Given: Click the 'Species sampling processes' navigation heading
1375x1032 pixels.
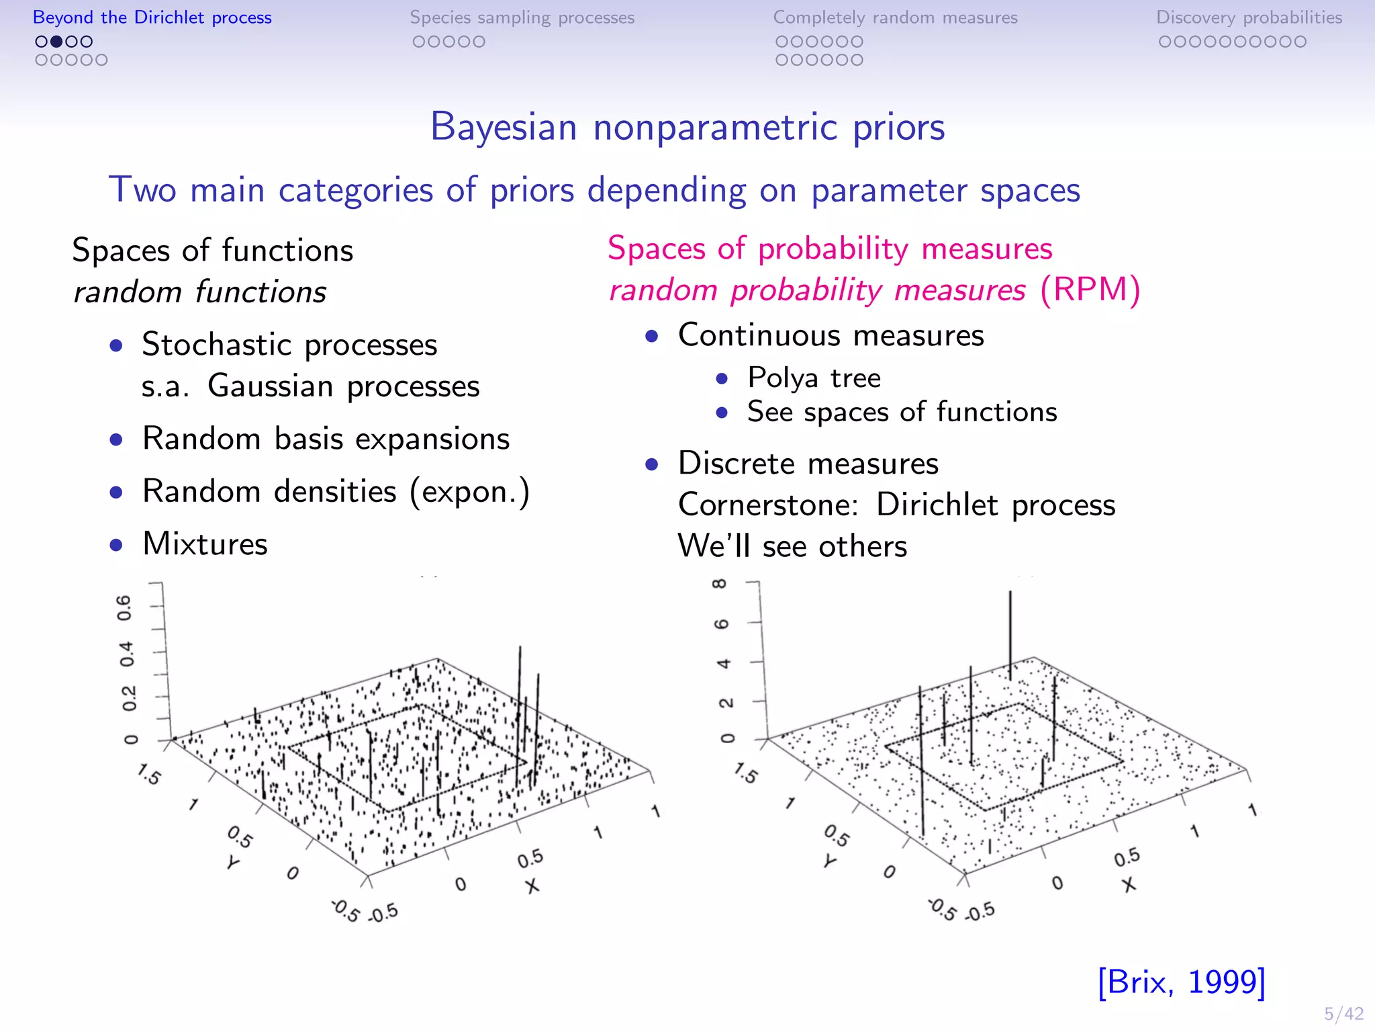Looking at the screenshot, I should tap(522, 17).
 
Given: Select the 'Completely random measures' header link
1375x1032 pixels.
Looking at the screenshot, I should tap(895, 17).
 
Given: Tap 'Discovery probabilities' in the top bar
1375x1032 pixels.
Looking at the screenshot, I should tap(1249, 17).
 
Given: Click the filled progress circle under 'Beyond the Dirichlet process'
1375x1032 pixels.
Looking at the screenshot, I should tap(56, 42).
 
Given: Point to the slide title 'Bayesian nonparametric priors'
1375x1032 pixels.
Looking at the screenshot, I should tap(687, 126).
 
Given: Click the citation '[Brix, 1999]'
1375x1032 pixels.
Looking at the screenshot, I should tap(1181, 982).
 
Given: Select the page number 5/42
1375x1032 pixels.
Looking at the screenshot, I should tap(1343, 1014).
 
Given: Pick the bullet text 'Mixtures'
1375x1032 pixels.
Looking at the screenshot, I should tap(205, 544).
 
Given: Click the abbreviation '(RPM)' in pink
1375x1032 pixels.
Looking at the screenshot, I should tap(1090, 290).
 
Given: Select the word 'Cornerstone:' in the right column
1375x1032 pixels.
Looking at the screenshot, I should tap(768, 505).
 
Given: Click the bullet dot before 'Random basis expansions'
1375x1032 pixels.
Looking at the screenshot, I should tap(117, 440).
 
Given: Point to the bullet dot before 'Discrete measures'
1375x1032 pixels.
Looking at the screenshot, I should tap(651, 464).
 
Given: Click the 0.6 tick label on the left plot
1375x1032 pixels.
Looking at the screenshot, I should tap(125, 607).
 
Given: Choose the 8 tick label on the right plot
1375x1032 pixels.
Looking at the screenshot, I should tap(720, 584).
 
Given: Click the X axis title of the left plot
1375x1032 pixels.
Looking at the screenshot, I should tap(532, 886).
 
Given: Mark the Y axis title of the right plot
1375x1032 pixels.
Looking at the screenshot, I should tap(831, 861).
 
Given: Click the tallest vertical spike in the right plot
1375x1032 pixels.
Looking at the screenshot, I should tap(1010, 632).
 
